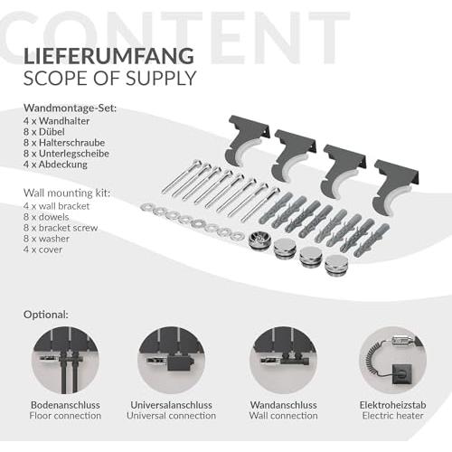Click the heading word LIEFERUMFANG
click(x=108, y=56)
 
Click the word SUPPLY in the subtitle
click(x=161, y=78)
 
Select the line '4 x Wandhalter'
click(x=57, y=121)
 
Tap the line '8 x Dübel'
click(x=44, y=132)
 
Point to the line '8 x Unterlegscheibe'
click(x=66, y=154)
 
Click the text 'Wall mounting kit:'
click(x=67, y=193)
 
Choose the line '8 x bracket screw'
click(x=61, y=228)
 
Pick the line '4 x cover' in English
click(x=42, y=250)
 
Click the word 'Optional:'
click(x=46, y=315)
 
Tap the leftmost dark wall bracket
click(x=247, y=139)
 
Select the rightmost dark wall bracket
click(x=393, y=186)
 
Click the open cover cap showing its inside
click(x=259, y=240)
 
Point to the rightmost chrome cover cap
click(x=335, y=265)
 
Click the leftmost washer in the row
click(x=147, y=207)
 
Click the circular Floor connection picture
click(x=65, y=361)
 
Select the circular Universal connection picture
click(x=171, y=361)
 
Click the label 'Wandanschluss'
click(x=283, y=405)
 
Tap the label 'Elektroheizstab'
click(x=392, y=405)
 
